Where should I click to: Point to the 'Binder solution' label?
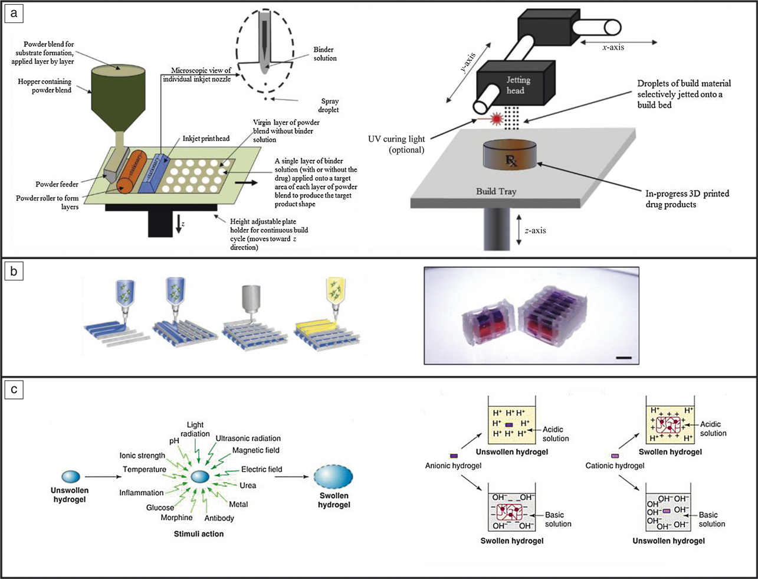325,54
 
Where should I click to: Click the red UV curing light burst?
496,119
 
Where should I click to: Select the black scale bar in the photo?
624,357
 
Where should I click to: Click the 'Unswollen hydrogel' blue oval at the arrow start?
70,476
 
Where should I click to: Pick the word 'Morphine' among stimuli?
176,518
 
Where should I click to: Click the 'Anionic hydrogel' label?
453,466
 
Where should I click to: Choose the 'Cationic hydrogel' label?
615,466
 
